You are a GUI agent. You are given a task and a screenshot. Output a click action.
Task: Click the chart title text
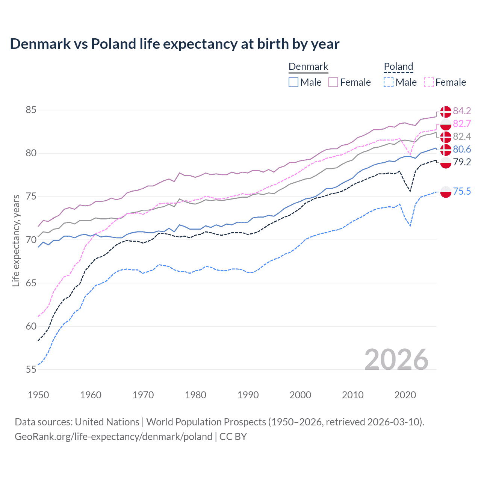click(174, 44)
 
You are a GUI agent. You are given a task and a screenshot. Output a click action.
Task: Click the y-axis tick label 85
click(31, 110)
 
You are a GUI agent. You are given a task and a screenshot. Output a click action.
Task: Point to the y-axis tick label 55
click(31, 369)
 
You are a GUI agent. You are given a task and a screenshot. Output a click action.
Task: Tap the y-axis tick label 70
click(31, 240)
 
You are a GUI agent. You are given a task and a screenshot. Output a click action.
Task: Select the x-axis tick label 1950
click(38, 395)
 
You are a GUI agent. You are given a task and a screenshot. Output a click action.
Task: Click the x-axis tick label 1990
click(248, 395)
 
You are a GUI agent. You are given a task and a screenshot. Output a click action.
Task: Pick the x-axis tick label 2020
click(405, 395)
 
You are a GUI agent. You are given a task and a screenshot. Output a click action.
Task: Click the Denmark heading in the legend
click(308, 67)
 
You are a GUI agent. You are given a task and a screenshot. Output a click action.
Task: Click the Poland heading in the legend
click(398, 67)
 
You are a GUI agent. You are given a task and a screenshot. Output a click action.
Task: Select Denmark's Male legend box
click(293, 82)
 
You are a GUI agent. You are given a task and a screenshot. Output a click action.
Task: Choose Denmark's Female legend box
click(333, 82)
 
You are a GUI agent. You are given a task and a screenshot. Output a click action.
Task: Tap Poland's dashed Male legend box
click(389, 82)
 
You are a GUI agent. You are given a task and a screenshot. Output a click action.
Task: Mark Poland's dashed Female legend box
click(429, 82)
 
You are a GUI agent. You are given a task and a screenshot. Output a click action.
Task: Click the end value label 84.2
click(462, 111)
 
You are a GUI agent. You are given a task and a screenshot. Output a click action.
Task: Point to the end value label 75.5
click(462, 191)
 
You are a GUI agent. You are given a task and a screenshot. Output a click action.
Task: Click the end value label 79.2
click(462, 162)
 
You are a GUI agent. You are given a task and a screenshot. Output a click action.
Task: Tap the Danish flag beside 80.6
click(446, 150)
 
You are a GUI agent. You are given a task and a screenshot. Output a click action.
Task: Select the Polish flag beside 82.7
click(446, 124)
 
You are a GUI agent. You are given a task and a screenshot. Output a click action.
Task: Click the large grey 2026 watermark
click(396, 360)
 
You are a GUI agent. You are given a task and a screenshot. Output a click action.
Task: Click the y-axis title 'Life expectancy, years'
click(16, 240)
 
